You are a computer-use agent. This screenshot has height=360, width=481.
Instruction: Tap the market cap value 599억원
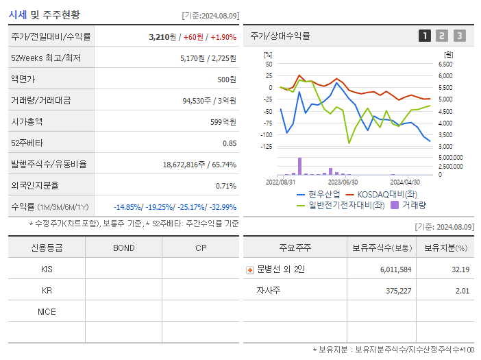[x=222, y=122]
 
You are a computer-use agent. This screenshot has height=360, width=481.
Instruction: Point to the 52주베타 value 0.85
[x=230, y=143]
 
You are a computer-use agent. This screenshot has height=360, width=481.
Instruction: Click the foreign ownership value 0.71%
[x=226, y=186]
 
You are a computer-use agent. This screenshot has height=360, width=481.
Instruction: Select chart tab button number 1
[x=425, y=36]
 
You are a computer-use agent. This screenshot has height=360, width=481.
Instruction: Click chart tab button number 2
[x=442, y=36]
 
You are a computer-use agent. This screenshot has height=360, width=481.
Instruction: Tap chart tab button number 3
[x=459, y=36]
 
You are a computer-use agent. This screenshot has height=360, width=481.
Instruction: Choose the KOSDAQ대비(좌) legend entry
[x=384, y=194]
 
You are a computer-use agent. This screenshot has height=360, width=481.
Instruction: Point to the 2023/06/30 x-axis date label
[x=343, y=182]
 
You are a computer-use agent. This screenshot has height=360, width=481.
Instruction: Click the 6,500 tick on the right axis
[x=445, y=64]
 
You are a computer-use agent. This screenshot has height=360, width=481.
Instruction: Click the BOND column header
[x=123, y=248]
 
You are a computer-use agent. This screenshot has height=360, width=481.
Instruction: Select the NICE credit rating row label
[x=47, y=311]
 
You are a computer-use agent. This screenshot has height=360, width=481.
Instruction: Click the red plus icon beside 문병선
[x=250, y=269]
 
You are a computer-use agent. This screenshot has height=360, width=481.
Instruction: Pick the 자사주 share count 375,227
[x=395, y=290]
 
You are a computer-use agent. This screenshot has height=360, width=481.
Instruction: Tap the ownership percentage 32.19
[x=460, y=269]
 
